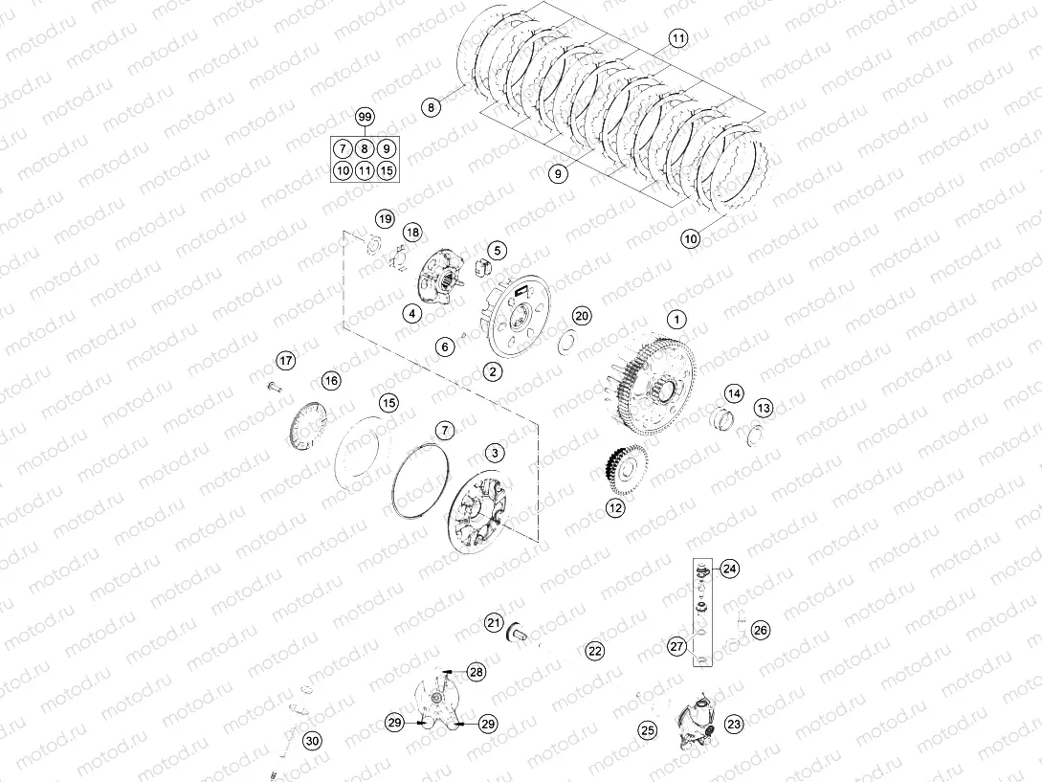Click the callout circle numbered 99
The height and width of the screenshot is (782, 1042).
point(364,117)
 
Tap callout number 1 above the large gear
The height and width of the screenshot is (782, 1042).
point(676,319)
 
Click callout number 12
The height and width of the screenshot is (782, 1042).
point(614,508)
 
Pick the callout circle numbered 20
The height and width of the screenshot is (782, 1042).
point(582,317)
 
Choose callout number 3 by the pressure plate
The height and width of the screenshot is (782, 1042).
point(494,452)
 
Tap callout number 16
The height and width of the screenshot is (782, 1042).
point(331,381)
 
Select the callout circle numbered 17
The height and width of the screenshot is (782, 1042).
point(286,360)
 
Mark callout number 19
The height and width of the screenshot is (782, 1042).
point(384,219)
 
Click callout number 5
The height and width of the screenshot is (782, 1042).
point(498,250)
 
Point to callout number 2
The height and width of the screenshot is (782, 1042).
point(492,371)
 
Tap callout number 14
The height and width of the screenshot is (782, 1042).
point(733,393)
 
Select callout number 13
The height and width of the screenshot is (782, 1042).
point(763,408)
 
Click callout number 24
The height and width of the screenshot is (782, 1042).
point(730,569)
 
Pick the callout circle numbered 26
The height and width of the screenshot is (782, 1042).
point(760,630)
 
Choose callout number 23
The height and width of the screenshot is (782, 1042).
point(734,725)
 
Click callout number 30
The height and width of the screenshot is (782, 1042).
point(312,740)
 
